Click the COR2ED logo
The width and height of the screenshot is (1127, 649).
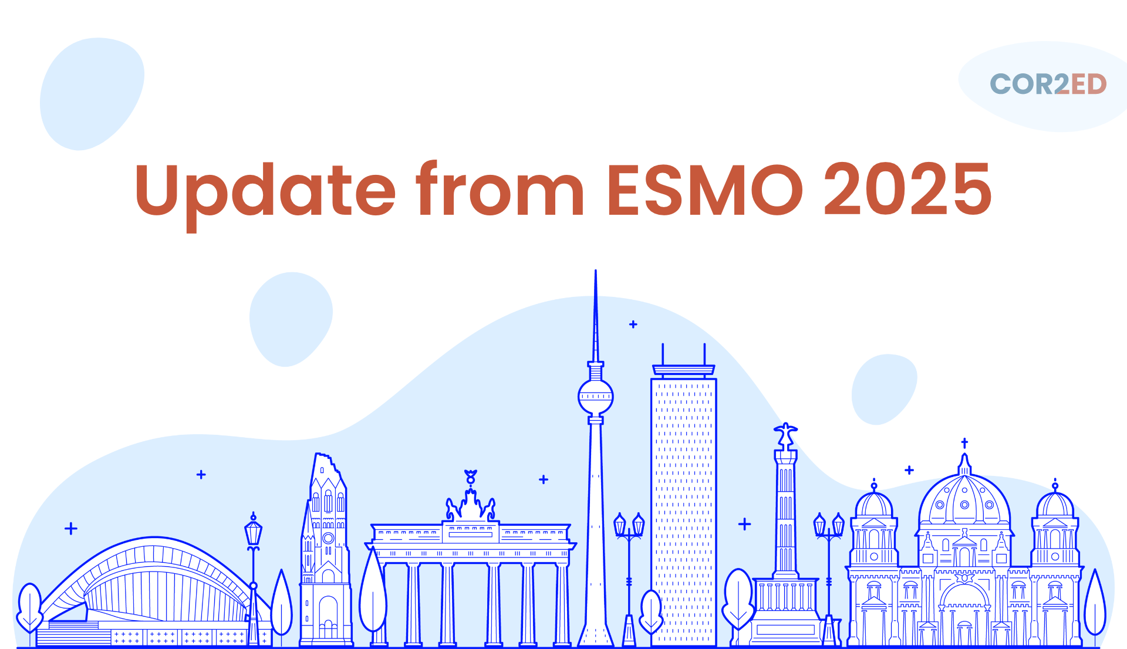pos(1048,84)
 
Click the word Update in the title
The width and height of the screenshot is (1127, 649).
pos(265,194)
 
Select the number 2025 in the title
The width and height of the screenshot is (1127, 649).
pos(908,189)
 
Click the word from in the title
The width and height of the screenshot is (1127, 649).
pos(500,188)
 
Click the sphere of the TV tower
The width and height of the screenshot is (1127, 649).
pos(596,397)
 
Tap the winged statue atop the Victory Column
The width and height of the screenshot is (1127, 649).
pos(785,436)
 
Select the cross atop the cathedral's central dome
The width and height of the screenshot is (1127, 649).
pos(964,443)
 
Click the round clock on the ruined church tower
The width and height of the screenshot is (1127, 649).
pos(328,538)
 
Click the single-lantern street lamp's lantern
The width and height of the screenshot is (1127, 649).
pos(253,532)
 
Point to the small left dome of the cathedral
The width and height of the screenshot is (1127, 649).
pos(874,505)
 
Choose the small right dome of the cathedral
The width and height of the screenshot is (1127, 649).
pos(1055,505)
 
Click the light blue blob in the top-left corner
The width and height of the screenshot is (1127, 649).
pos(92,94)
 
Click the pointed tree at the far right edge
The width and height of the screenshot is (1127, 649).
pos(1095,604)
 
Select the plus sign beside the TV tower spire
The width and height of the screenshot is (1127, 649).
pos(633,324)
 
